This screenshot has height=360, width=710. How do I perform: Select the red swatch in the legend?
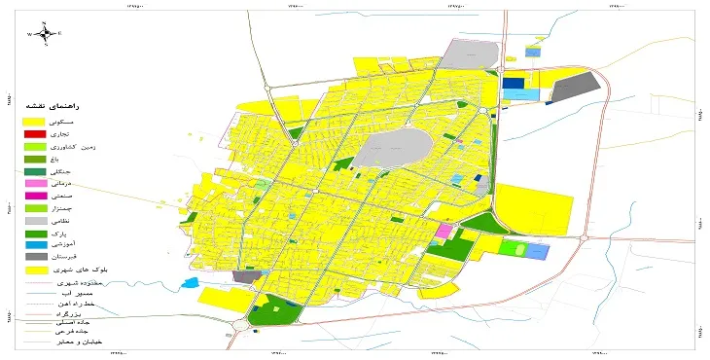pos(34,133)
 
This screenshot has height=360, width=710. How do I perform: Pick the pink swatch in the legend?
pos(34,183)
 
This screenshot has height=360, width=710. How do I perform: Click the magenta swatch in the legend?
pos(34,196)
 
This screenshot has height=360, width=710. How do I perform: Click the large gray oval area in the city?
pos(393,150)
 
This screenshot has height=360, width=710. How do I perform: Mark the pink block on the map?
pos(444,232)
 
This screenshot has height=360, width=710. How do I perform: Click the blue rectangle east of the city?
pos(537,251)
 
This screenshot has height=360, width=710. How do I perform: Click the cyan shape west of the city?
pos(190,283)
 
